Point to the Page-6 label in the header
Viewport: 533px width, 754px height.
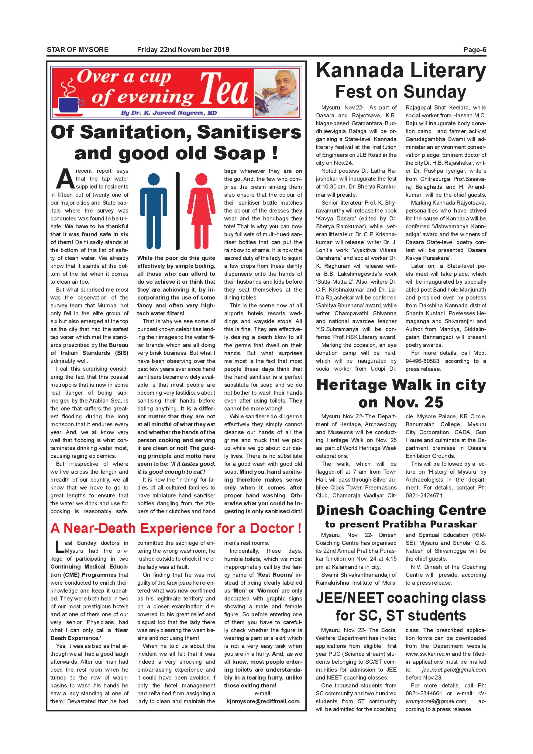click(x=474, y=50)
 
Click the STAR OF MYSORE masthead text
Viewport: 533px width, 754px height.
click(x=77, y=50)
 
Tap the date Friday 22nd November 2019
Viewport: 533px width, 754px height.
click(x=183, y=50)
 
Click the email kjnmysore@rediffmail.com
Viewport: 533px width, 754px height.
click(x=263, y=710)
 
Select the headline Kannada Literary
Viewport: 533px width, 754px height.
click(x=401, y=71)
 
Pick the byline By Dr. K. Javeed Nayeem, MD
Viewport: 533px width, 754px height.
click(x=168, y=113)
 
